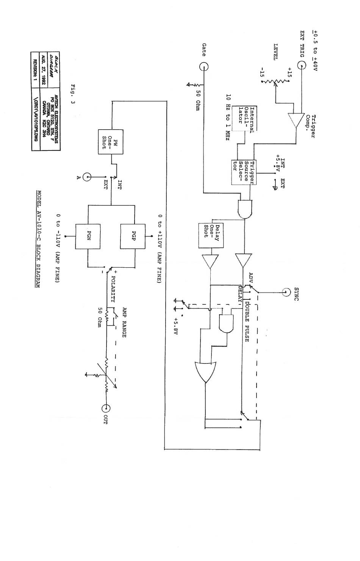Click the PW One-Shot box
[x=106, y=141]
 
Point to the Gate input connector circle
[x=204, y=67]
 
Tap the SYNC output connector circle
[x=286, y=292]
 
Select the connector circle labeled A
[x=88, y=177]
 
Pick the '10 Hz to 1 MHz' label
[x=228, y=118]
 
